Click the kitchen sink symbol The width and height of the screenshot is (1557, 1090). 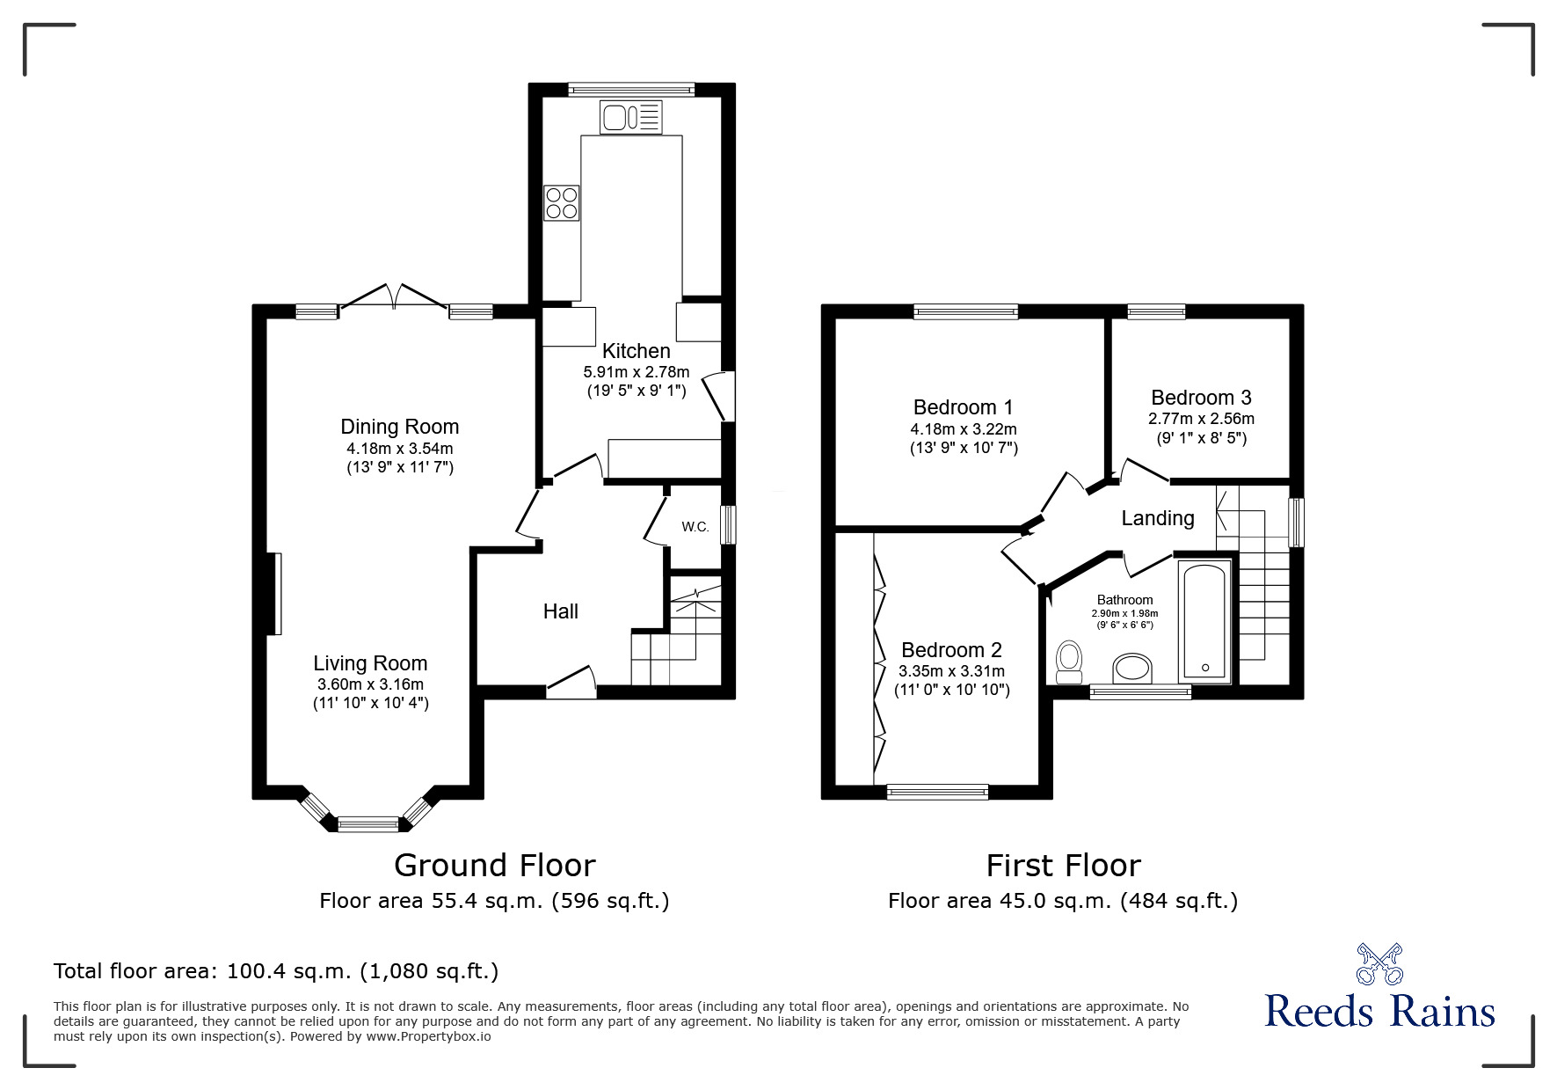click(630, 117)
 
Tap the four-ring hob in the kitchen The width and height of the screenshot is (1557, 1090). click(561, 203)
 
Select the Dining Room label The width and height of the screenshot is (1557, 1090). click(399, 427)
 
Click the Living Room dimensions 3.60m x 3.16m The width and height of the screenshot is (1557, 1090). click(370, 684)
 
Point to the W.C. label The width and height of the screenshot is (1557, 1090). click(695, 527)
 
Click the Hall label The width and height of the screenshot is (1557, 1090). click(560, 611)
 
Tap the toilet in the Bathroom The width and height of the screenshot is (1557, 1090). click(1069, 662)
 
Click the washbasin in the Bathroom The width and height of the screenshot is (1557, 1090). click(1132, 669)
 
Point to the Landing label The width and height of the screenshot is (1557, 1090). click(1157, 518)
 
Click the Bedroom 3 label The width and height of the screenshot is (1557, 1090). click(1200, 398)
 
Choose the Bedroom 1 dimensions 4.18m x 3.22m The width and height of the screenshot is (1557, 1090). click(963, 429)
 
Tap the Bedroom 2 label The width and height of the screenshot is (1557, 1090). click(951, 650)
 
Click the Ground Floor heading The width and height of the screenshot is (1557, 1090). click(494, 866)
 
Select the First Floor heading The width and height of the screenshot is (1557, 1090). click(1062, 866)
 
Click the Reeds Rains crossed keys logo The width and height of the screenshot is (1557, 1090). click(1379, 963)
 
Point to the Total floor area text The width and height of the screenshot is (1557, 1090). click(276, 971)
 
